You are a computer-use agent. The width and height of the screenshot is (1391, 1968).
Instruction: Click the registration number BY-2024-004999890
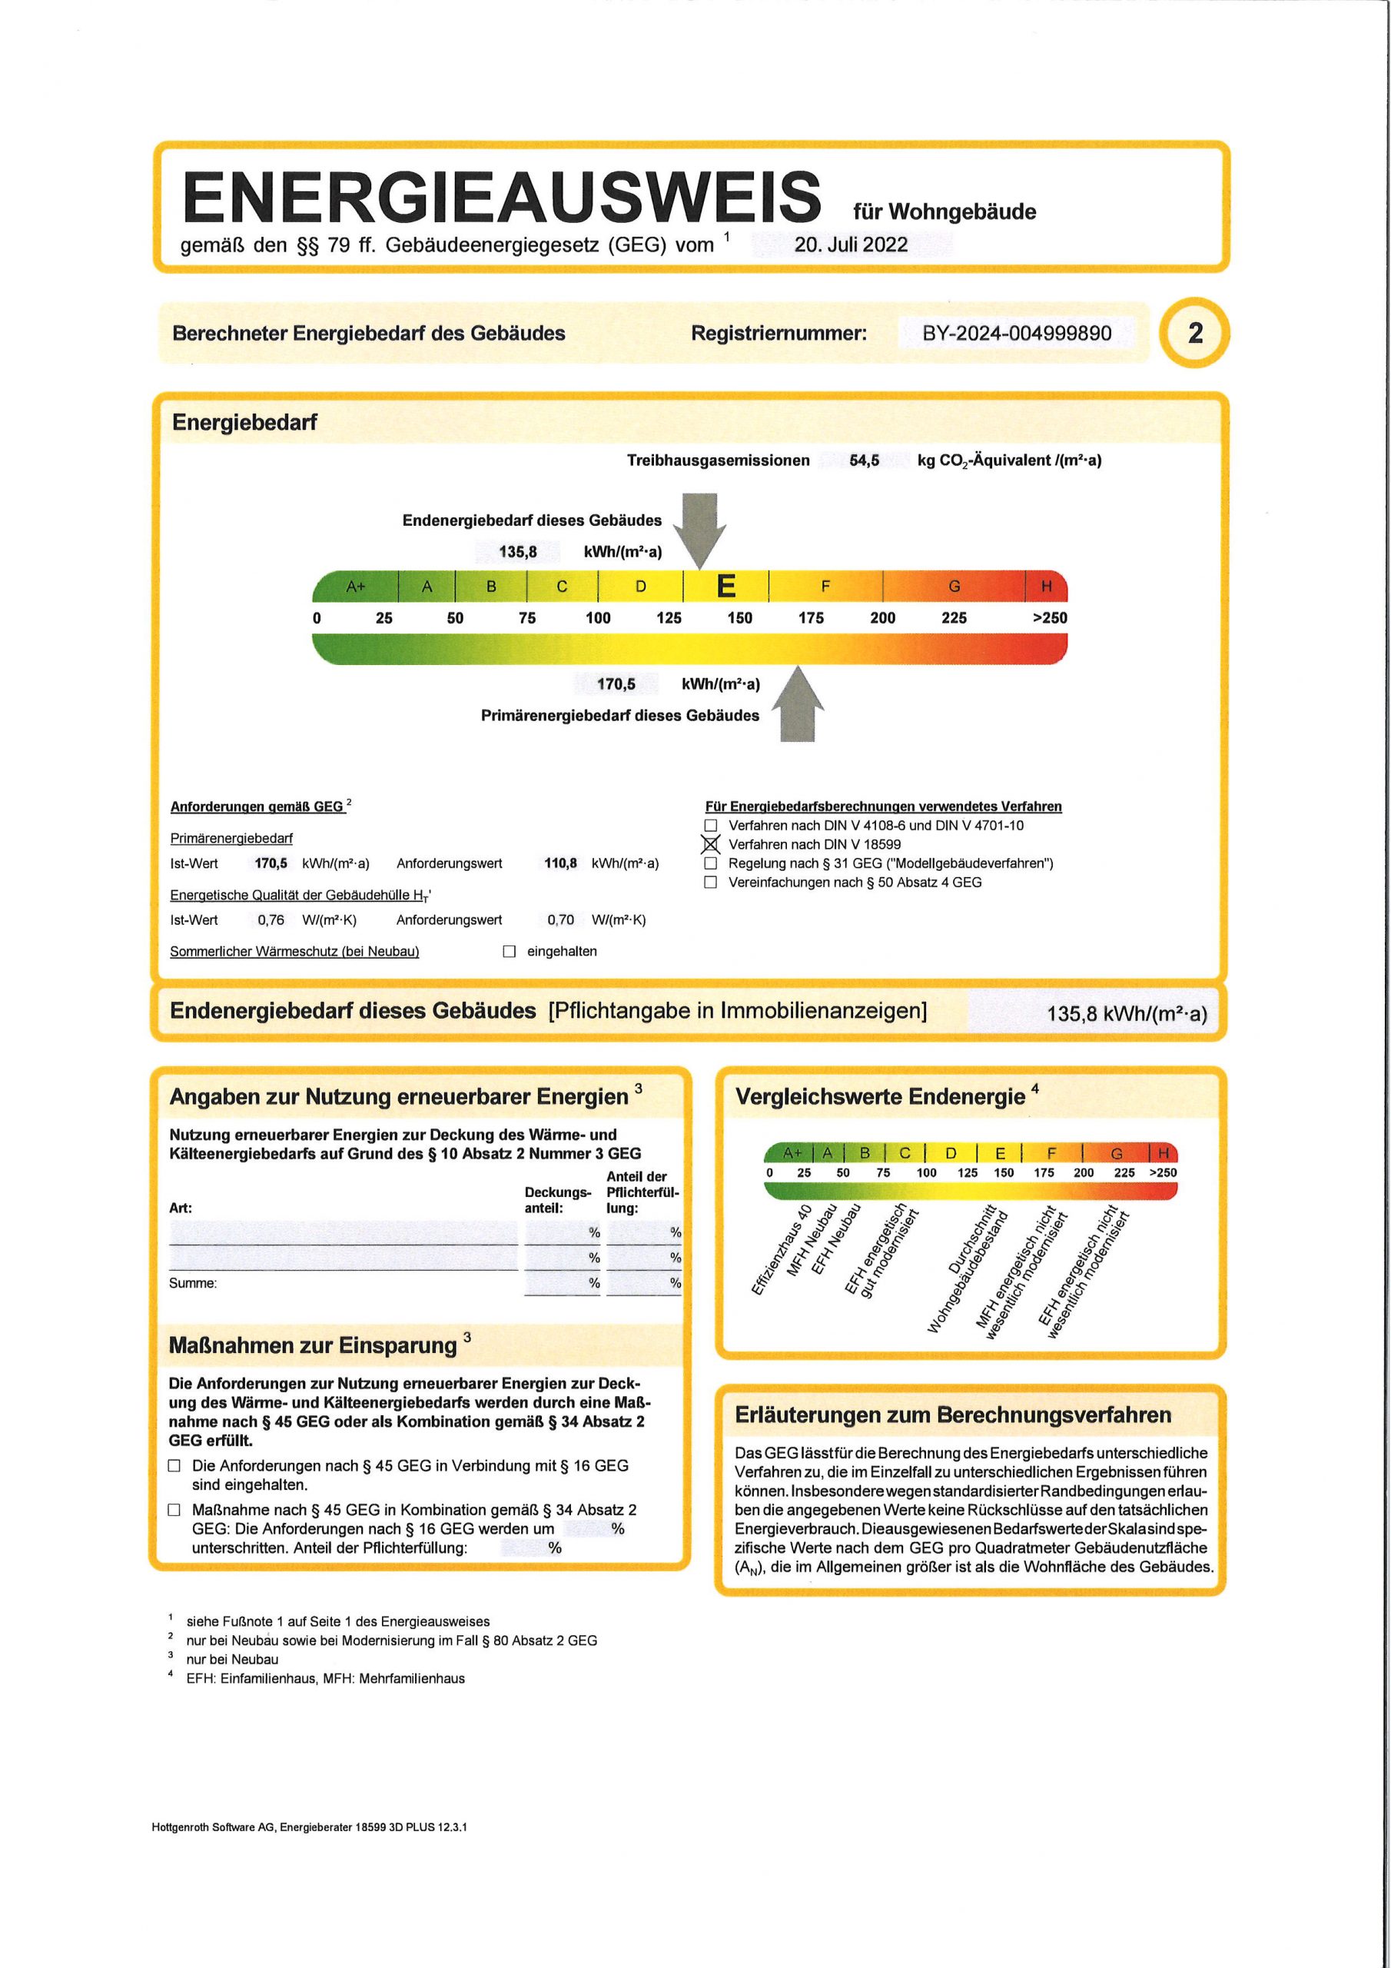click(x=1017, y=334)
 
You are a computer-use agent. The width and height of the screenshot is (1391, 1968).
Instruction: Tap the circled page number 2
click(x=1195, y=333)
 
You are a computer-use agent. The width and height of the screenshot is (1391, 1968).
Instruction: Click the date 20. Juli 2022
click(x=850, y=244)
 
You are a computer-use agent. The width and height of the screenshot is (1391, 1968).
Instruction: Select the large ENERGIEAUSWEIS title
click(x=501, y=196)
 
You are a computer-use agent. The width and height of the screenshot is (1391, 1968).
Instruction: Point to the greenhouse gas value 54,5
click(x=864, y=460)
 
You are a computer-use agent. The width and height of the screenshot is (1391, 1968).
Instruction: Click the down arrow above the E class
click(x=700, y=528)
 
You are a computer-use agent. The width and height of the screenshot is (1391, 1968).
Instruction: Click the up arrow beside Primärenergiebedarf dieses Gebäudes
click(x=798, y=706)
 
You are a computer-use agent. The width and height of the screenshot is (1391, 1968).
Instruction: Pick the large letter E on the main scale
click(x=726, y=587)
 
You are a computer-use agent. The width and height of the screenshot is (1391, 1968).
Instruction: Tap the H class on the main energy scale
click(x=1046, y=587)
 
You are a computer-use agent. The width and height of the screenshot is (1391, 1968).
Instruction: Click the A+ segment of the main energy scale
click(x=356, y=587)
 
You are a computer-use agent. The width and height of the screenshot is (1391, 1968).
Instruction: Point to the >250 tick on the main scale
click(x=1049, y=618)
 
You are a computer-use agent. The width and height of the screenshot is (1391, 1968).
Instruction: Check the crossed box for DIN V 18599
click(x=711, y=844)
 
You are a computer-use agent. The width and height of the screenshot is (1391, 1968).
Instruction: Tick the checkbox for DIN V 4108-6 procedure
click(x=711, y=826)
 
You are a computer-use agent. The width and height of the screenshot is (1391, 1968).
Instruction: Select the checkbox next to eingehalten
click(x=509, y=952)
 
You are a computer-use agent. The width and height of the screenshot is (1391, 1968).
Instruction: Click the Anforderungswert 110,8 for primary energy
click(x=560, y=863)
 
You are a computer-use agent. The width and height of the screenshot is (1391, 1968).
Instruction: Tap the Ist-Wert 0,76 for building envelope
click(x=271, y=919)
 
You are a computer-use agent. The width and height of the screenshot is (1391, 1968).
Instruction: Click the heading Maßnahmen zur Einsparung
click(x=313, y=1345)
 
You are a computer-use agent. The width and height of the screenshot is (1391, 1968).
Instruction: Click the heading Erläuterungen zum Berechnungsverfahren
click(x=952, y=1415)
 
